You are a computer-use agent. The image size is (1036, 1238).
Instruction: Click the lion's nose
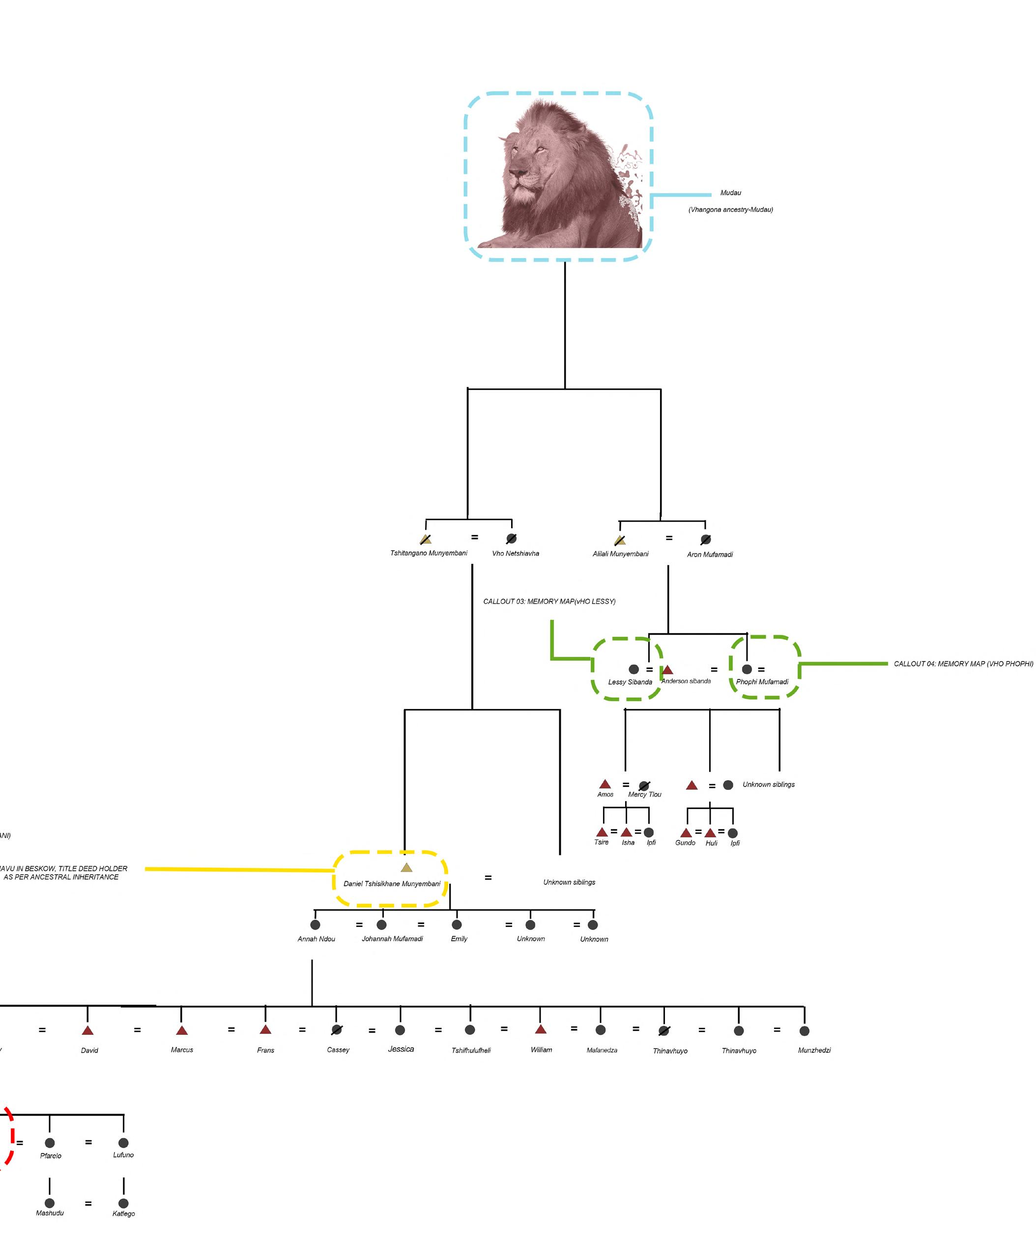pyautogui.click(x=518, y=174)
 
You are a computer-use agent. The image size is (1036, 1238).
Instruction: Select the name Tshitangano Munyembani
pyautogui.click(x=428, y=553)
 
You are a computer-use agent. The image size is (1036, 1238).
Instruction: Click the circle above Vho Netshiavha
pyautogui.click(x=511, y=538)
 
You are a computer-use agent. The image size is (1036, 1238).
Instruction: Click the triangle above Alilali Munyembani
pyautogui.click(x=620, y=539)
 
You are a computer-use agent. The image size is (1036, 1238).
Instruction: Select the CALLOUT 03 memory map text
pyautogui.click(x=549, y=601)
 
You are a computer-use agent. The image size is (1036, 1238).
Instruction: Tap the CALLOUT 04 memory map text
pyautogui.click(x=963, y=664)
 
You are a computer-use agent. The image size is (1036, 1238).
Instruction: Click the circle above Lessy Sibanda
pyautogui.click(x=633, y=669)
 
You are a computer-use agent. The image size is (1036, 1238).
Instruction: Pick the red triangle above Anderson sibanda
pyautogui.click(x=667, y=670)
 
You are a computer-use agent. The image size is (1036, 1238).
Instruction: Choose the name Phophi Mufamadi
pyautogui.click(x=762, y=681)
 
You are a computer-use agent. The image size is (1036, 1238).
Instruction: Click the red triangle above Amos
pyautogui.click(x=605, y=784)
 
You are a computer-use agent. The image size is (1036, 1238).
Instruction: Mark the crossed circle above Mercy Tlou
pyautogui.click(x=644, y=785)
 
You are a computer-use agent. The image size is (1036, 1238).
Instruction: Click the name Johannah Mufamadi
pyautogui.click(x=392, y=938)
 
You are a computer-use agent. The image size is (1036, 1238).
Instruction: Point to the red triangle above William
pyautogui.click(x=541, y=1029)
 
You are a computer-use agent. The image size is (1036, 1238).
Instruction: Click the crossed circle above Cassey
pyautogui.click(x=336, y=1030)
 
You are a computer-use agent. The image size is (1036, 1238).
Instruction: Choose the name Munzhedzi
pyautogui.click(x=814, y=1050)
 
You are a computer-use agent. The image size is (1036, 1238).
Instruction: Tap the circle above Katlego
pyautogui.click(x=123, y=1203)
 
